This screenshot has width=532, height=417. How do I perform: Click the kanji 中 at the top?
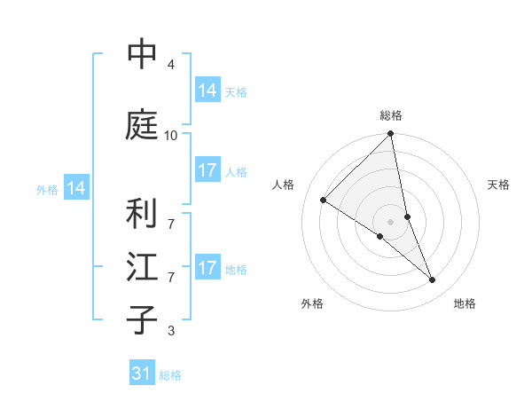tap(142, 55)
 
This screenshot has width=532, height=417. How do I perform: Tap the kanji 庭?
tap(142, 125)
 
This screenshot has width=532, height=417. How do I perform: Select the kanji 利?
tap(142, 214)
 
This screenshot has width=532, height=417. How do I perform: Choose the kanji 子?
tap(142, 320)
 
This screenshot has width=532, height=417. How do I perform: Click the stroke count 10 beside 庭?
tap(170, 135)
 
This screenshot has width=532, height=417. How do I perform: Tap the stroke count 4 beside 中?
tap(170, 65)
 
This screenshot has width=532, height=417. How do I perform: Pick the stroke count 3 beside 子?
tap(170, 331)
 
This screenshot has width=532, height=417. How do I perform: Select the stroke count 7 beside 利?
tap(170, 215)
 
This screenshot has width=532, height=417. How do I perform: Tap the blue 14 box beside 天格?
tap(207, 90)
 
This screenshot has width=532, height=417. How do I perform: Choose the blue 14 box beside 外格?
tap(76, 188)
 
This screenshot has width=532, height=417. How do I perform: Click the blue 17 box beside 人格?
tap(207, 170)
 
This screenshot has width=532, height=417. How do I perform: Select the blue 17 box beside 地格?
tap(207, 268)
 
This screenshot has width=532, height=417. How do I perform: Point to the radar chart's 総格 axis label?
tap(391, 115)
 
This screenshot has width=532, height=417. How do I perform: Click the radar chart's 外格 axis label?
tap(312, 303)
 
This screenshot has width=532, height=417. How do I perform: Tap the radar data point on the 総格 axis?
tap(391, 134)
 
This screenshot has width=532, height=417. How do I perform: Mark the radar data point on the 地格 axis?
tap(433, 280)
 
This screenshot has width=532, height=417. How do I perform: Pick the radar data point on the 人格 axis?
tap(324, 201)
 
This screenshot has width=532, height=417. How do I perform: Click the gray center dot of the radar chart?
tap(391, 221)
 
